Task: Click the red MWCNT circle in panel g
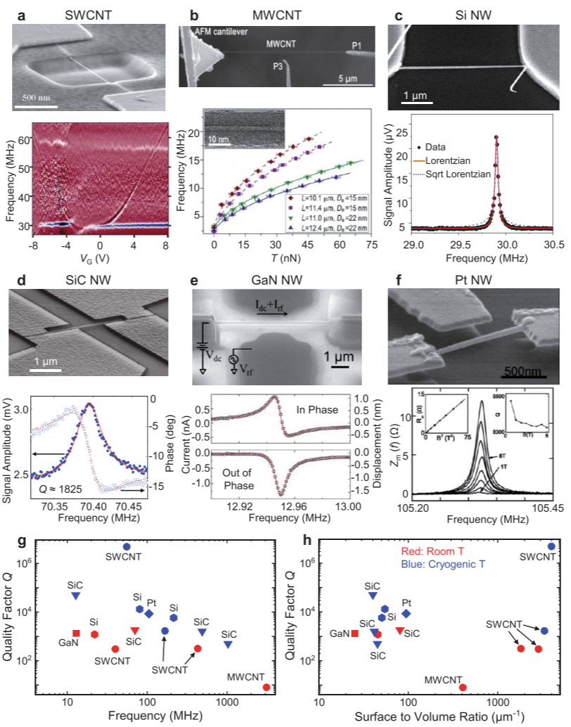tap(267, 687)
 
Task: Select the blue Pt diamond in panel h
tap(406, 614)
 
